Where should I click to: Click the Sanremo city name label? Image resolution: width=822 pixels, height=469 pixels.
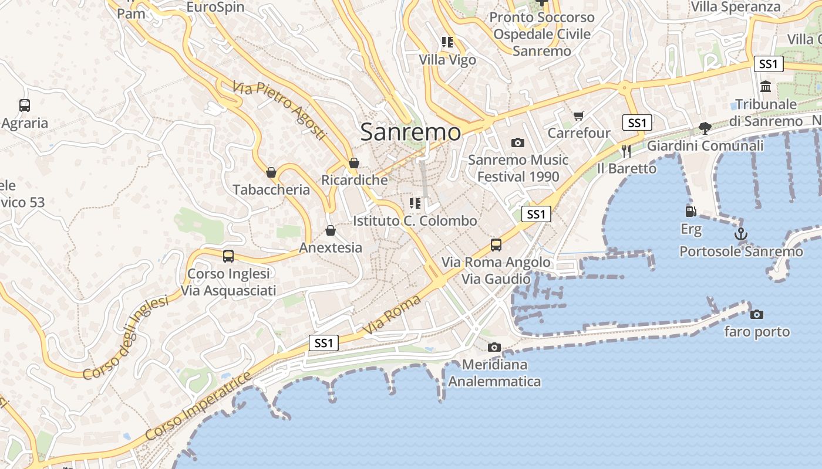(410, 132)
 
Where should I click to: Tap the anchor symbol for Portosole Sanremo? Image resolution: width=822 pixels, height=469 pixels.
(741, 235)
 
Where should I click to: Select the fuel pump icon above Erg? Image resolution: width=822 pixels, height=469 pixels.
(690, 212)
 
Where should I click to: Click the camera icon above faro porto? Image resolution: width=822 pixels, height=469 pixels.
(757, 315)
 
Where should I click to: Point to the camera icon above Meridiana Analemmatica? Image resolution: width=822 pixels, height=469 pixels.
(494, 348)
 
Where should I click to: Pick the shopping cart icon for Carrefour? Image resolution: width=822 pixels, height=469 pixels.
(579, 116)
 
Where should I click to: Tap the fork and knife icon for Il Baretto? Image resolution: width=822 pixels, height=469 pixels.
(626, 151)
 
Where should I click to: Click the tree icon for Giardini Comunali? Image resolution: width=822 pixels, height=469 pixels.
(705, 128)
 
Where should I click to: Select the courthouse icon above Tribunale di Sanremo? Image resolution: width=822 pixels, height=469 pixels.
(766, 87)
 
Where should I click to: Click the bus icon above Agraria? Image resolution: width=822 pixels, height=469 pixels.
(25, 106)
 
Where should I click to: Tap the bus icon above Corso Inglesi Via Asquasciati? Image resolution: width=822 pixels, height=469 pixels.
(228, 256)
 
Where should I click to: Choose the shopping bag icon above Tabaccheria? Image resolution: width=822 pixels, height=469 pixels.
(271, 172)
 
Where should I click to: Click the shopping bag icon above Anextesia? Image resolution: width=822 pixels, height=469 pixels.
(331, 230)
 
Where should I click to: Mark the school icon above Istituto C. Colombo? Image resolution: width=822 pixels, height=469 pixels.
(415, 203)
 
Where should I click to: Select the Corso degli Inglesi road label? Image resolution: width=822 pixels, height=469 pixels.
(125, 338)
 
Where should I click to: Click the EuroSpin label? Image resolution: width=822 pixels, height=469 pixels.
(215, 8)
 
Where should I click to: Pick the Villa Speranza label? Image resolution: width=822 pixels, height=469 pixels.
(736, 7)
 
